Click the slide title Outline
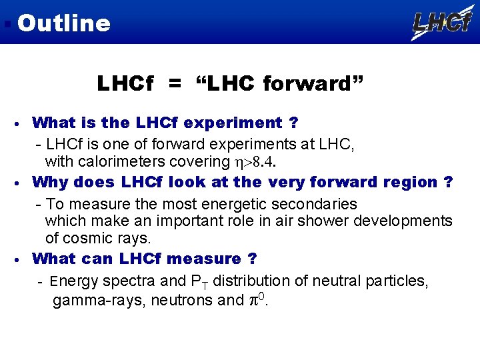63,23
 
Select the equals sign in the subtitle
174,85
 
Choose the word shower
304,221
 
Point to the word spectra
126,281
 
